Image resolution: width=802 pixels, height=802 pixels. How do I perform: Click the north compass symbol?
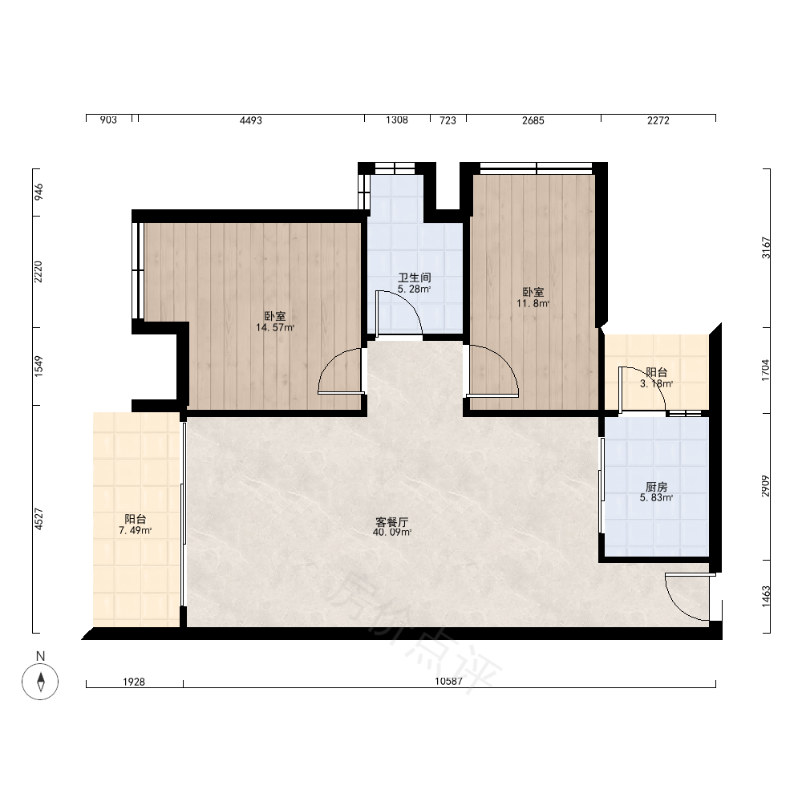40,681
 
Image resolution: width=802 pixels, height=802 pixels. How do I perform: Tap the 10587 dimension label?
448,681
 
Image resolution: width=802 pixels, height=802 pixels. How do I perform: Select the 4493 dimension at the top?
250,120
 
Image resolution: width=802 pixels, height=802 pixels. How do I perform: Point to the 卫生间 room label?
415,277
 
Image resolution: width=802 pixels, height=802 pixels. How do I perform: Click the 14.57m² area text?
275,328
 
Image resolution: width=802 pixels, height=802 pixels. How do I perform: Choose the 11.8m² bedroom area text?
533,303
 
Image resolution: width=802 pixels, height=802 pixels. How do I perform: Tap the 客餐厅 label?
392,522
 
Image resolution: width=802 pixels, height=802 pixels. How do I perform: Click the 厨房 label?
656,487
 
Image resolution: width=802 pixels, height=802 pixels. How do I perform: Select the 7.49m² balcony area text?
135,531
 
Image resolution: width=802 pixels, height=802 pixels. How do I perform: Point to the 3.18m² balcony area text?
656,383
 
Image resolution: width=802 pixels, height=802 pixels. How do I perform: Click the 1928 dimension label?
134,682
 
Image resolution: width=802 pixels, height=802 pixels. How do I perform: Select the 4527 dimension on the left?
38,519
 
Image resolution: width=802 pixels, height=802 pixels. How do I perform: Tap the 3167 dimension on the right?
766,248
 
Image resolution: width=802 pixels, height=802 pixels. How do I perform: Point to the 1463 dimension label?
766,597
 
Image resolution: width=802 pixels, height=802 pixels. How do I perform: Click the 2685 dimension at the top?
533,120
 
